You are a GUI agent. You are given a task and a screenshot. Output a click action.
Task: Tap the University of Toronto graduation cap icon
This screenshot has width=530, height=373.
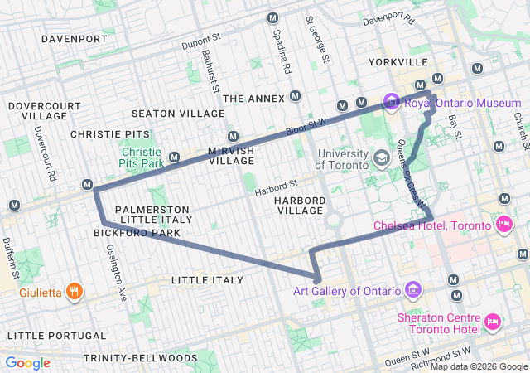(x=381, y=157)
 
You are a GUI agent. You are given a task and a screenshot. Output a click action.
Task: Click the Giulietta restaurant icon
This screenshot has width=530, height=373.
(x=75, y=291)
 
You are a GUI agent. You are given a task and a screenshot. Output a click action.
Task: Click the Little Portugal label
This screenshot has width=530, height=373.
(x=46, y=335)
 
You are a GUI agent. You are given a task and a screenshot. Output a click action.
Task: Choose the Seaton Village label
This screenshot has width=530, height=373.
(x=177, y=114)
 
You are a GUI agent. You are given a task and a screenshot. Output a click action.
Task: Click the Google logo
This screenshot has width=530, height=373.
(x=28, y=363)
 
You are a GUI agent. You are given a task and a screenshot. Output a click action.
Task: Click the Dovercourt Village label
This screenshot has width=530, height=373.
(x=39, y=111)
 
